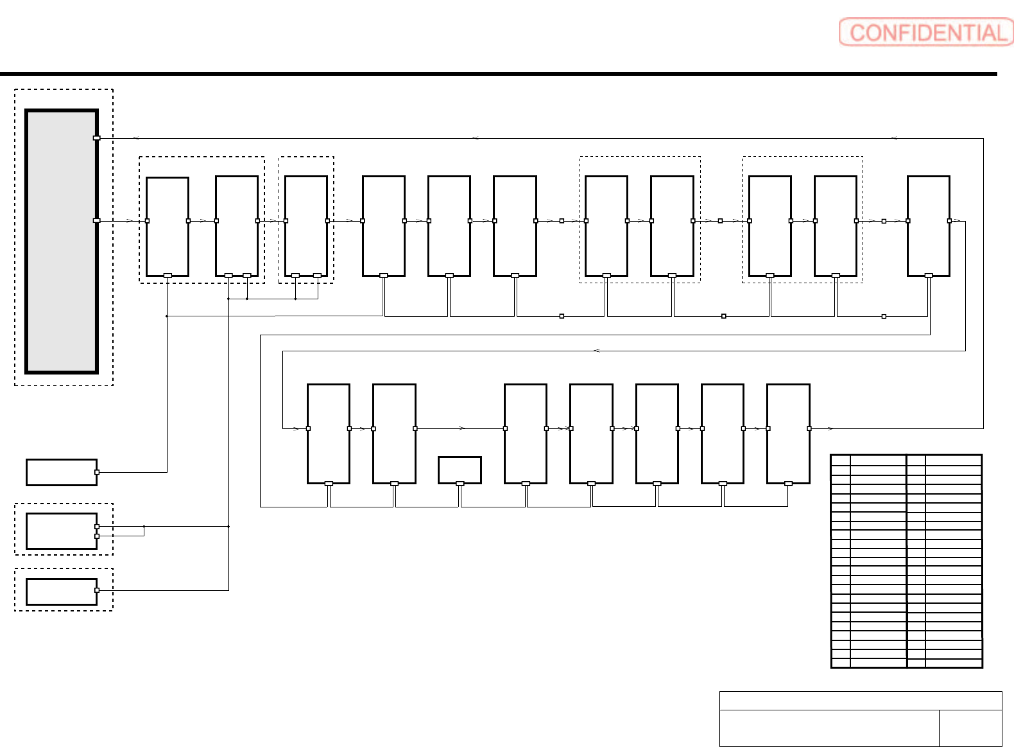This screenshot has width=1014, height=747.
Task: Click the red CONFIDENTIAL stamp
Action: [x=926, y=32]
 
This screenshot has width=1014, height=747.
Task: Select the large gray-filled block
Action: [x=62, y=241]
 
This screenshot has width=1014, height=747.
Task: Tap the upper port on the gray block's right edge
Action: [x=97, y=138]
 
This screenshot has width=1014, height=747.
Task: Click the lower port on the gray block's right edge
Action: [x=97, y=220]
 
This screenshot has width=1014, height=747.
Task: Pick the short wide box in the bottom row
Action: [x=460, y=470]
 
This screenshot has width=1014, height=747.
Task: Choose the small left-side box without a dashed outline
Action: [x=62, y=472]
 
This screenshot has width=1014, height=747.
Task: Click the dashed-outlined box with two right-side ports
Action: [x=62, y=531]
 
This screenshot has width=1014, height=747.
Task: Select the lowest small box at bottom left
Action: [x=62, y=592]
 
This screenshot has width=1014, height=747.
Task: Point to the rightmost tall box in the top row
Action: [x=928, y=226]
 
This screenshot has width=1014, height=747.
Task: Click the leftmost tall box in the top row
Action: [x=168, y=226]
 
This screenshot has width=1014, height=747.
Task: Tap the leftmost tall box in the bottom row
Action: [x=329, y=434]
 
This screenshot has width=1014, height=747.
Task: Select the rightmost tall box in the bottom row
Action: [x=788, y=434]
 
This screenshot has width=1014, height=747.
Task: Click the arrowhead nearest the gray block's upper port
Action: [x=135, y=138]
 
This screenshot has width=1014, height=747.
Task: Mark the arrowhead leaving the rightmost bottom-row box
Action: [x=830, y=428]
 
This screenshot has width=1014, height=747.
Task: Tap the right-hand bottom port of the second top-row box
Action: [x=247, y=276]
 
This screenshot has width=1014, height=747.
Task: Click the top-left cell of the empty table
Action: [x=841, y=460]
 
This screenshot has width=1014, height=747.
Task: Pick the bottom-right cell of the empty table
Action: [x=954, y=663]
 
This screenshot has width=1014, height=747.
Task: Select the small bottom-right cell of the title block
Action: [x=970, y=728]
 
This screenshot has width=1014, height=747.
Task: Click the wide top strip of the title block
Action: [x=861, y=701]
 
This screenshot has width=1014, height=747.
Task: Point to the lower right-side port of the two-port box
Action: [x=97, y=536]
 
